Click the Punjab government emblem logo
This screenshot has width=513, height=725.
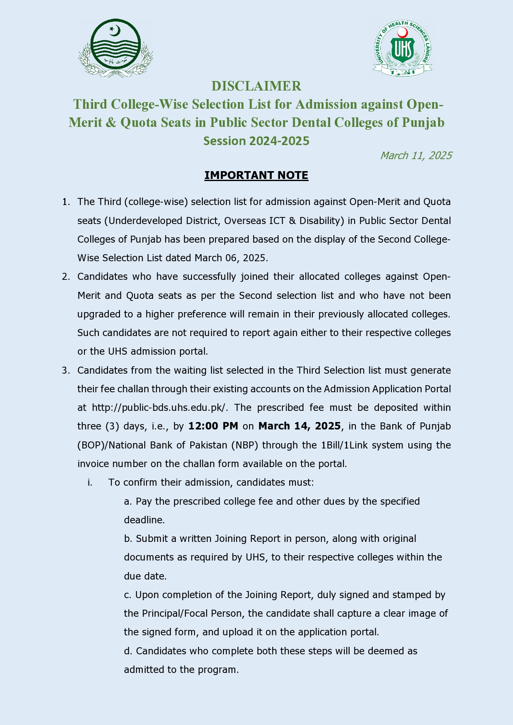click(x=115, y=48)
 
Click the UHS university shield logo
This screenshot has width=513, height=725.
click(x=403, y=48)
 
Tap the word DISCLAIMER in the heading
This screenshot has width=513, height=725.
click(x=256, y=86)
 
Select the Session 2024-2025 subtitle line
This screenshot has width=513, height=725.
click(x=256, y=141)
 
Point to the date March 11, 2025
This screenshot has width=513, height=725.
click(x=416, y=155)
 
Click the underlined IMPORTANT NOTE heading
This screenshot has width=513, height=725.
click(x=256, y=175)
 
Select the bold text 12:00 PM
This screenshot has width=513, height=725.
click(x=213, y=426)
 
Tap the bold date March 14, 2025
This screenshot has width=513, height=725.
click(x=300, y=426)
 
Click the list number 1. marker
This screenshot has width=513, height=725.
click(x=66, y=202)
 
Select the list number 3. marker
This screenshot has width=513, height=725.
click(x=66, y=370)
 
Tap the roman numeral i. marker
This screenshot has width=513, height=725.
click(x=90, y=482)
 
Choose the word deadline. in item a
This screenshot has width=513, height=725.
click(x=144, y=520)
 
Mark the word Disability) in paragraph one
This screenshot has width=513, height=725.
click(x=321, y=221)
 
